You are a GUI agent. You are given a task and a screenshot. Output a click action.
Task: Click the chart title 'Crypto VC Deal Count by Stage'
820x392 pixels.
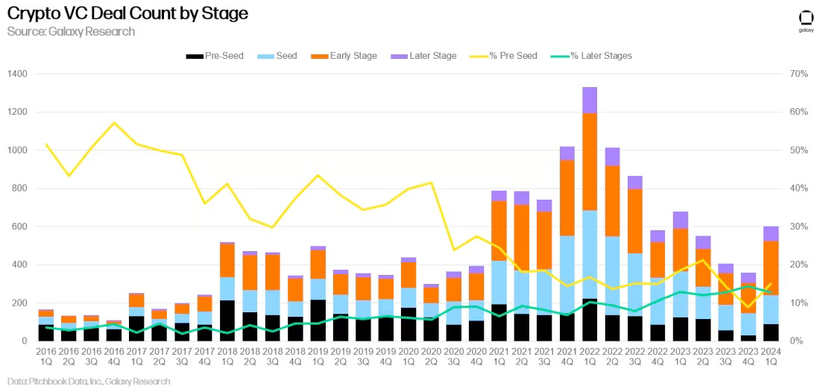pos(127,13)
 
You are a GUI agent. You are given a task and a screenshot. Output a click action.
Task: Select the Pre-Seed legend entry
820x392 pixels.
pos(215,56)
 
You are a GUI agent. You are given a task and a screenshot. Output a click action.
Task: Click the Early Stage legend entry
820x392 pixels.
pos(344,56)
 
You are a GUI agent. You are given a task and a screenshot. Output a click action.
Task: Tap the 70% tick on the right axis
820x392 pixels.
pos(798,74)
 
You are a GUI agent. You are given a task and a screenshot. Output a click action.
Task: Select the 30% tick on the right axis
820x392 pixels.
pos(798,227)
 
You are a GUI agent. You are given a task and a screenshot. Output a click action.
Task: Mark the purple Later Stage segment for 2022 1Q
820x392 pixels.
pos(590,100)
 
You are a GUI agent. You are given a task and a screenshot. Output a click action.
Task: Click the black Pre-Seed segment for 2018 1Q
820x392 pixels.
pos(227,320)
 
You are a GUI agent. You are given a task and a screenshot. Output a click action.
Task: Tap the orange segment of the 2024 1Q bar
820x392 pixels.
pos(771,268)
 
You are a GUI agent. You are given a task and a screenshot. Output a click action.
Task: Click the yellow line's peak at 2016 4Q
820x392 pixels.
pos(113,122)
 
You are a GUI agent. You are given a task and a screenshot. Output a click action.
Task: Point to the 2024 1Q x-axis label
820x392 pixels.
pos(771,357)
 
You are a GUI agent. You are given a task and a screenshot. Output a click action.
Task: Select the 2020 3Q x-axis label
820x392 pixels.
pos(453,357)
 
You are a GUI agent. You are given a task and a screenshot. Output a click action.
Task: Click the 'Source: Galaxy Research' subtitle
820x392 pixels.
pos(71,31)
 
